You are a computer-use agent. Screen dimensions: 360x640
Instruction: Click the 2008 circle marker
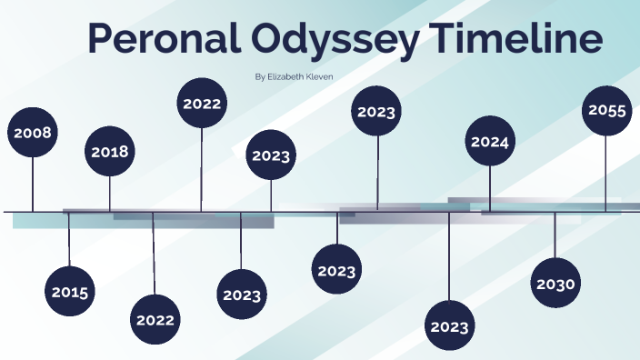(x=33, y=133)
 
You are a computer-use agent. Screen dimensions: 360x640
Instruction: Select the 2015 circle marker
(x=70, y=292)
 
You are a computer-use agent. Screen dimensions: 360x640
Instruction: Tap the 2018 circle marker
(x=110, y=152)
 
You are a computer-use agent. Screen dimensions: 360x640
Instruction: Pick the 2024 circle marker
(x=490, y=142)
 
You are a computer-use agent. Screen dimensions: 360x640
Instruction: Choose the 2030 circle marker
(x=555, y=285)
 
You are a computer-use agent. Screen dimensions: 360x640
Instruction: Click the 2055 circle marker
(x=606, y=111)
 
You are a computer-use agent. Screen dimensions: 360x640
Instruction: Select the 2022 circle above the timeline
(x=202, y=104)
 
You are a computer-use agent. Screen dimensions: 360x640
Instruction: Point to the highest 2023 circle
(x=376, y=112)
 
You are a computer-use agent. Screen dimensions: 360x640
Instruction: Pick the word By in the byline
(x=261, y=77)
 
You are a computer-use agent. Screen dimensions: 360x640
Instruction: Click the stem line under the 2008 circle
(x=33, y=185)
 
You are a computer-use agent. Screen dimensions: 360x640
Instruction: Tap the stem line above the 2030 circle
(x=555, y=235)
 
